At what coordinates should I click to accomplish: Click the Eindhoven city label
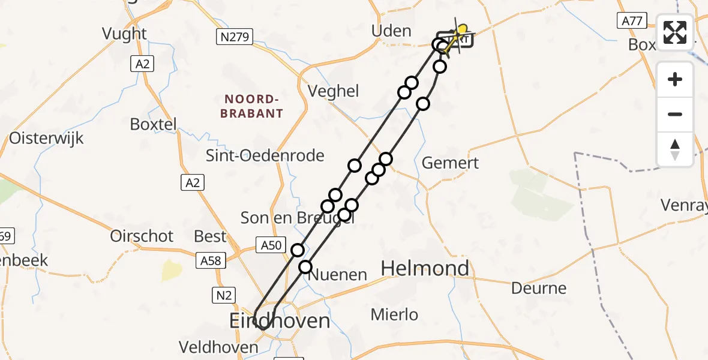point(280,321)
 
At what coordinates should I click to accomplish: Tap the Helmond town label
point(425,268)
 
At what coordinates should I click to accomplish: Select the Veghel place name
point(333,91)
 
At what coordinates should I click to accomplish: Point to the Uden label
point(391,31)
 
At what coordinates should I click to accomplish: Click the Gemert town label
point(451,163)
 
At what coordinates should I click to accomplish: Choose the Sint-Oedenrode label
point(265,156)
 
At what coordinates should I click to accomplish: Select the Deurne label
point(539,288)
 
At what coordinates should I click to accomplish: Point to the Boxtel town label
point(154,124)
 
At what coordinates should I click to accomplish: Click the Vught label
point(124,34)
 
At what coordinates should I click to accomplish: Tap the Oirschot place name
point(142,236)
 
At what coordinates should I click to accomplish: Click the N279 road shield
point(235,37)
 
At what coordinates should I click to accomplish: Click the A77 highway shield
point(632,22)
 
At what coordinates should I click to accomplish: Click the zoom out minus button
point(675,114)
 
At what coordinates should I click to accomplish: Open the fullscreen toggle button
point(675,32)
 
